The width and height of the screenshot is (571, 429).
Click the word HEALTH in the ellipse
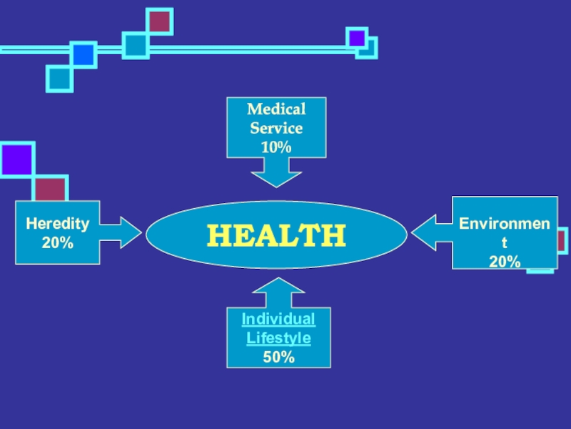[276, 235]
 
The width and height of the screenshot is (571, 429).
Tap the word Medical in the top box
[276, 109]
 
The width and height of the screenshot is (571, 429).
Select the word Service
[276, 129]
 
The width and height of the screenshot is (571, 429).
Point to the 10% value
[276, 147]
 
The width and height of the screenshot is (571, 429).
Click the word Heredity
[58, 224]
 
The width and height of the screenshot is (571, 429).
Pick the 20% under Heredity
[58, 242]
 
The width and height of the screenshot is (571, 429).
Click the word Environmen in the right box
[505, 225]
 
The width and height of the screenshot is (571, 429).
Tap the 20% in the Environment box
[505, 262]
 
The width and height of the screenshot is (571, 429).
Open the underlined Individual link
[278, 319]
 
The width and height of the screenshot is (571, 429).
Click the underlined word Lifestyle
[278, 337]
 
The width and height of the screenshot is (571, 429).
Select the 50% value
[278, 357]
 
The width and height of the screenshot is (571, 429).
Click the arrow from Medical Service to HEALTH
[276, 172]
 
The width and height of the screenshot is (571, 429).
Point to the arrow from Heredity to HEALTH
[123, 232]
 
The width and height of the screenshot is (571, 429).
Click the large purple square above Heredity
[17, 159]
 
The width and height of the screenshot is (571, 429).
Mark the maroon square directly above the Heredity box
[50, 189]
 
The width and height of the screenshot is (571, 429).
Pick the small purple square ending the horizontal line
[357, 38]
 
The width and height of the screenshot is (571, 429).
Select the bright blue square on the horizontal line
[84, 54]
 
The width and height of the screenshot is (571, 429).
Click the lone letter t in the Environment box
[505, 243]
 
